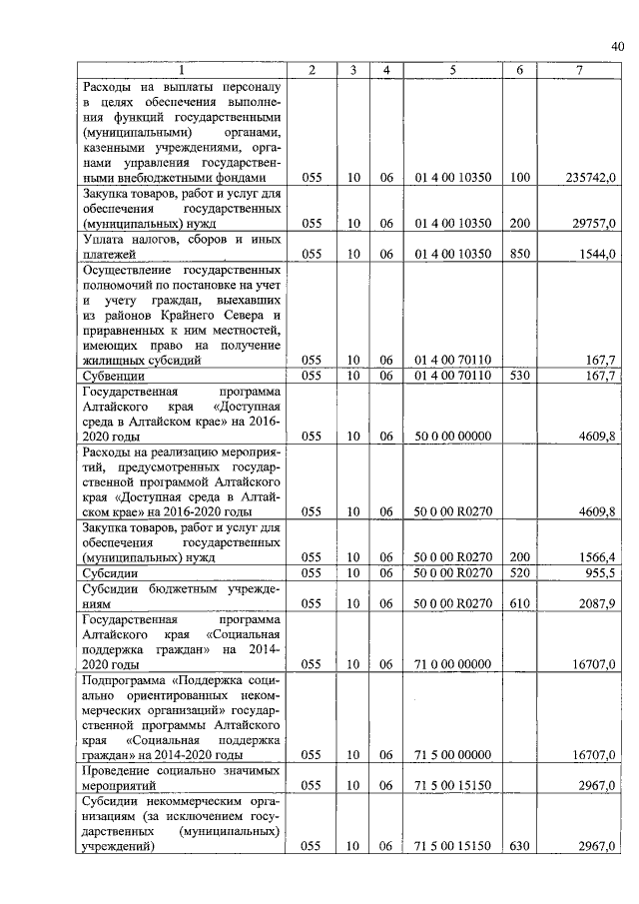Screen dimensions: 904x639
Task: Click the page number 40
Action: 617,45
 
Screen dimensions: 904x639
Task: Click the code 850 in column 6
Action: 519,255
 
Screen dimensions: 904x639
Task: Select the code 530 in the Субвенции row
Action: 519,376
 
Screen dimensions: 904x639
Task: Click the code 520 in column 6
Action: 519,574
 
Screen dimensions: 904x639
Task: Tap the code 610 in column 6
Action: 519,603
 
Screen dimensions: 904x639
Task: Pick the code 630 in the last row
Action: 519,847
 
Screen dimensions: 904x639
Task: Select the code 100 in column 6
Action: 519,177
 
